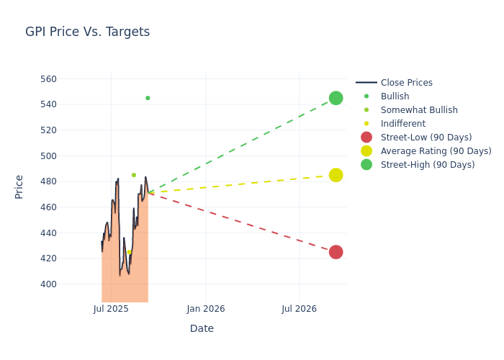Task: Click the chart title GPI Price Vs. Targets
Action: click(87, 32)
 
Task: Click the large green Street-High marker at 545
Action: click(336, 98)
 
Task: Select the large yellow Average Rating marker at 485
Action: click(336, 175)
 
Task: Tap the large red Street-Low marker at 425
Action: click(336, 252)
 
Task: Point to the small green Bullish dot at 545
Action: click(148, 98)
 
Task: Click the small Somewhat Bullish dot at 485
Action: click(133, 175)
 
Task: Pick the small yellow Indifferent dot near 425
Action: click(130, 252)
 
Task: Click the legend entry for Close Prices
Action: click(406, 83)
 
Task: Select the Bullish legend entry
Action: click(395, 96)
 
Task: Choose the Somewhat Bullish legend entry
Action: click(419, 110)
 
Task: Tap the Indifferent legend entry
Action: click(402, 124)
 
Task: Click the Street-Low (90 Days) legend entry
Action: click(426, 138)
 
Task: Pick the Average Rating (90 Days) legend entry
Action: click(436, 151)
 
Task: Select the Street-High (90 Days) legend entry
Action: click(428, 165)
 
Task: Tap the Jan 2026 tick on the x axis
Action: click(205, 309)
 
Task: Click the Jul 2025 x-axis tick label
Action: click(111, 309)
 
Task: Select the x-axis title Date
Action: click(202, 328)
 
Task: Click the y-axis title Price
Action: click(19, 186)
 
